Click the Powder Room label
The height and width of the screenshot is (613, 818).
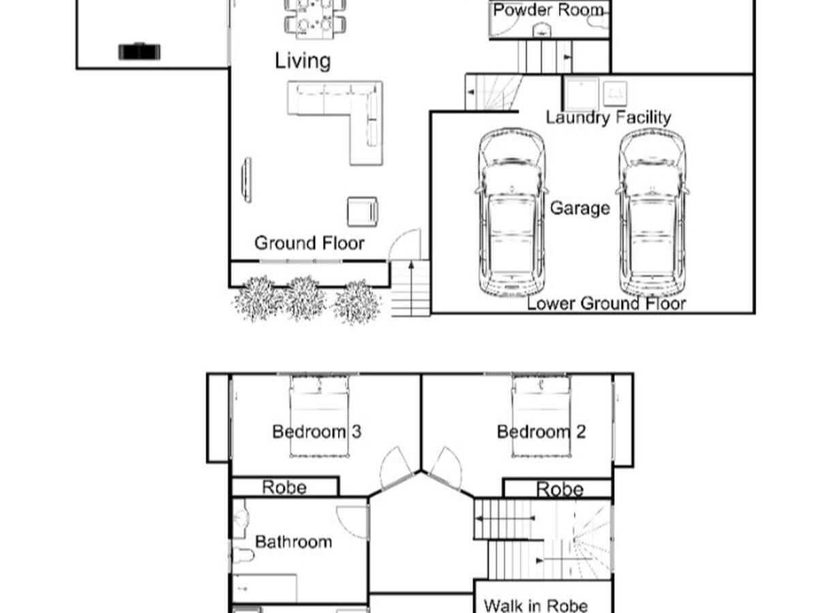[x=548, y=10]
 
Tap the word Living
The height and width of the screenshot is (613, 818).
[x=303, y=61]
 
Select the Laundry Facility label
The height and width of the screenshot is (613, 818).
[x=608, y=118]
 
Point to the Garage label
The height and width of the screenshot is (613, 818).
[x=580, y=208]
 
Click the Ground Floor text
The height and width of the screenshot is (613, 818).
[x=309, y=243]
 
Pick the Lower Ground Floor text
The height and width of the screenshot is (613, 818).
[x=606, y=303]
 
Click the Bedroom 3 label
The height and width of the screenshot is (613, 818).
[x=317, y=432]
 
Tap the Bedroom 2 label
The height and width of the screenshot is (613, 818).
[x=541, y=432]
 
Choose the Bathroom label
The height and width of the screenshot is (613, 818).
[x=293, y=542]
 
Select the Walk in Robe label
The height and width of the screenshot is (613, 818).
[x=536, y=606]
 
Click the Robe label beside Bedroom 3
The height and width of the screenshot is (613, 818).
[x=284, y=487]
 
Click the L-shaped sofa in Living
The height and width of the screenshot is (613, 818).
[x=335, y=123]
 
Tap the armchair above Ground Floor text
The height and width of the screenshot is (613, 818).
[x=363, y=212]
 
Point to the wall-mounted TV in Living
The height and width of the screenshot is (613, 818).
[x=247, y=180]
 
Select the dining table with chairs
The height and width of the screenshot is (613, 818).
[x=315, y=18]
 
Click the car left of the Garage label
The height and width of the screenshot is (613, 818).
[x=511, y=213]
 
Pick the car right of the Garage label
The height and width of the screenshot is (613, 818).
[x=652, y=213]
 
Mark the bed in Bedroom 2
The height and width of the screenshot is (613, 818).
[x=541, y=416]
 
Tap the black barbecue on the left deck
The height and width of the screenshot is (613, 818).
[x=139, y=52]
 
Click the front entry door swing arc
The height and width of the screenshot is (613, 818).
[x=404, y=245]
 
